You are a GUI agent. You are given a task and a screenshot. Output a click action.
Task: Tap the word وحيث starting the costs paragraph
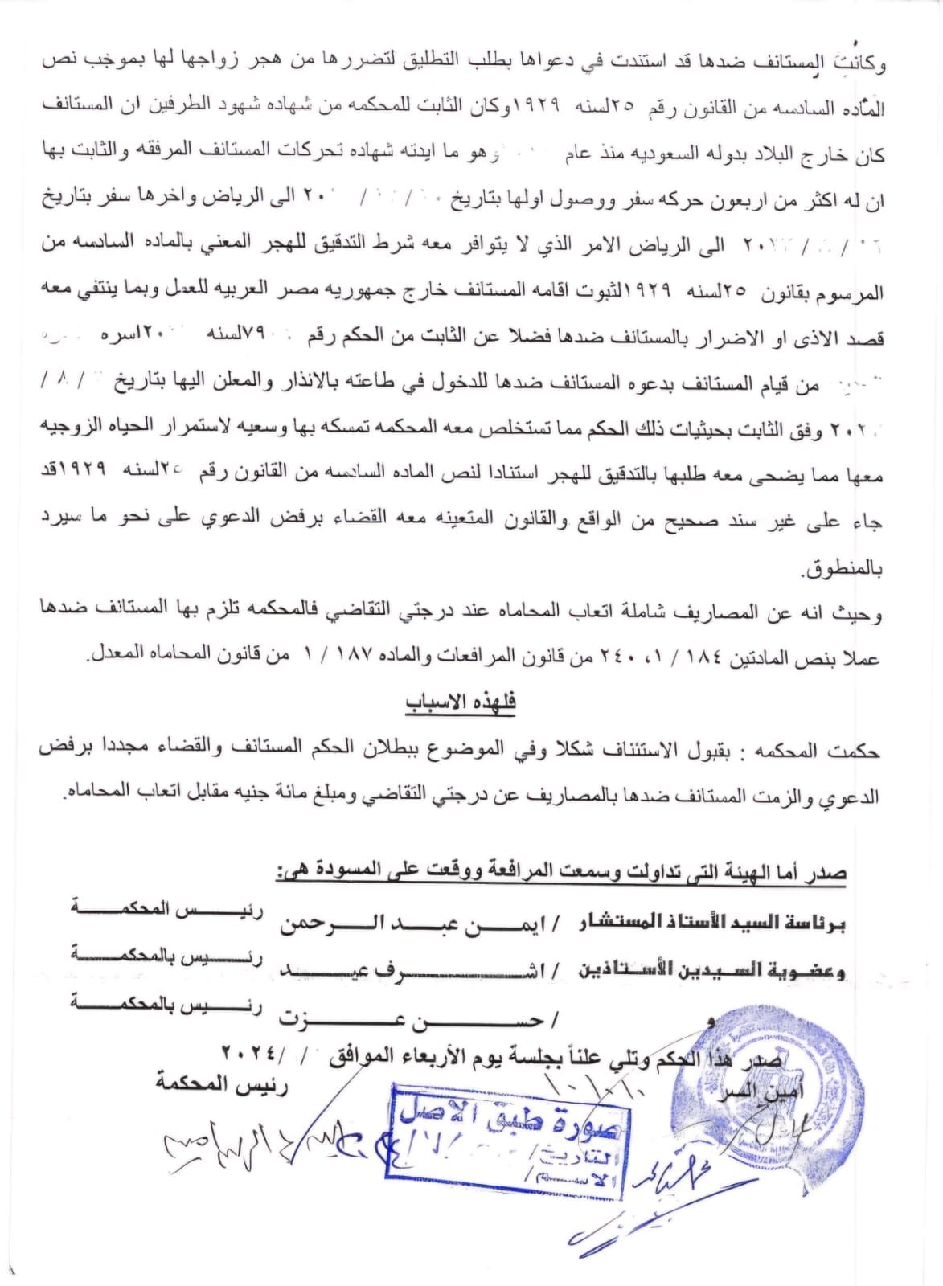tap(864, 615)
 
